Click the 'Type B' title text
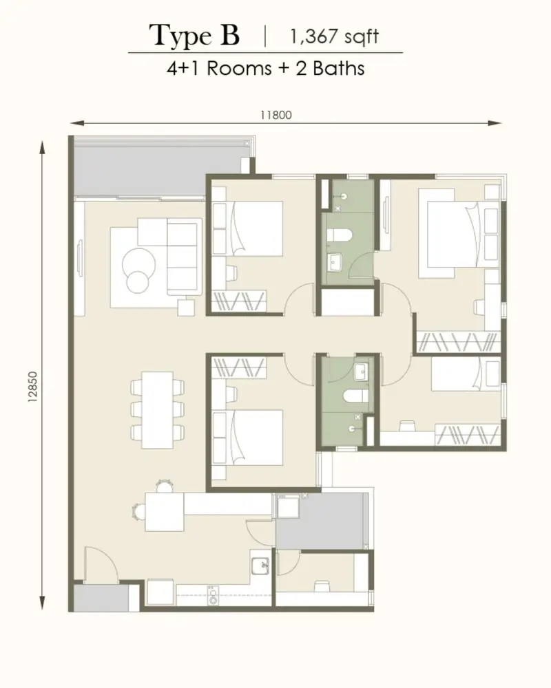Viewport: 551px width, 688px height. (x=195, y=36)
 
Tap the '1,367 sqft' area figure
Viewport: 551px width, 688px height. (x=334, y=36)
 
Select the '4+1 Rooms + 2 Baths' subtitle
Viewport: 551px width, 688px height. (x=265, y=68)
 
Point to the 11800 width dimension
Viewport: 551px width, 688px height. (x=276, y=115)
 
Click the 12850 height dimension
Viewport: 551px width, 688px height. (x=33, y=387)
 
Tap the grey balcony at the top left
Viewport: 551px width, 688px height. (x=158, y=171)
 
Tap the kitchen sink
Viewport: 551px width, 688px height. (x=260, y=566)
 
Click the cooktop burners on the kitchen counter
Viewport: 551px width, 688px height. (x=213, y=596)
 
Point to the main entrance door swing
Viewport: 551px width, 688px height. (x=101, y=565)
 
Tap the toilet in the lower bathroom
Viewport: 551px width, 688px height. (x=355, y=397)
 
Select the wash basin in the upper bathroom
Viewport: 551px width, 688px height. (x=334, y=262)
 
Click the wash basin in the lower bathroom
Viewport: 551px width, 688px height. (x=362, y=372)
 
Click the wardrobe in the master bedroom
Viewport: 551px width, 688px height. (x=458, y=342)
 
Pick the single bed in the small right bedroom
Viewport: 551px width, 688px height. (x=466, y=374)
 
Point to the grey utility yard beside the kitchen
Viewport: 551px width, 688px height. (x=322, y=520)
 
